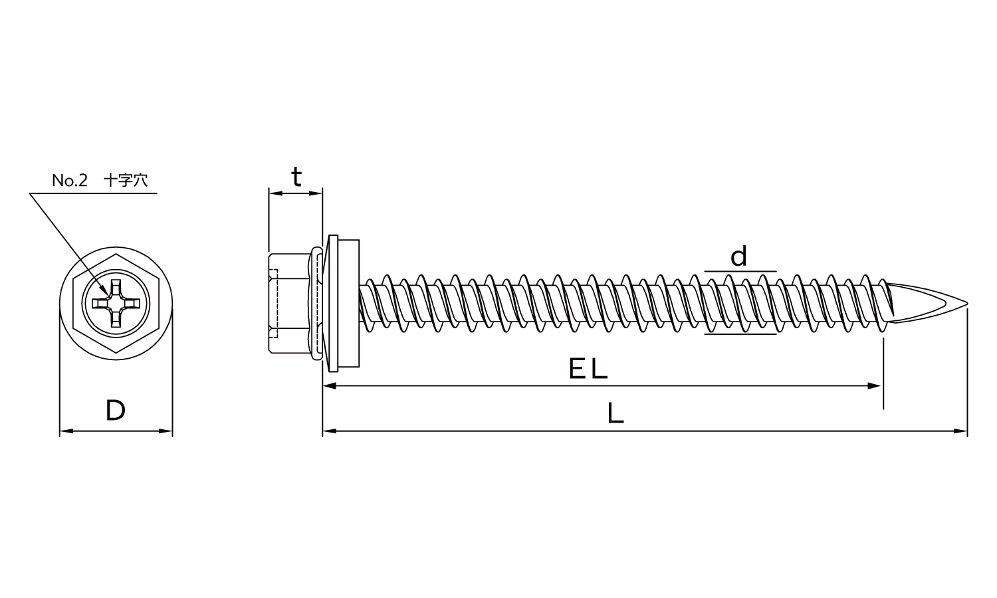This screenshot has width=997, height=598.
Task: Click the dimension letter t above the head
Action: click(296, 177)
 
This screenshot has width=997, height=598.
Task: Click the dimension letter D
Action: click(115, 411)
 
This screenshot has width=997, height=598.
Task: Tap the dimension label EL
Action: click(588, 369)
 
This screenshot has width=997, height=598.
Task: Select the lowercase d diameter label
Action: click(739, 256)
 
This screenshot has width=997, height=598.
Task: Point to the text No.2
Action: click(70, 180)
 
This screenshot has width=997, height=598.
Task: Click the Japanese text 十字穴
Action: click(126, 180)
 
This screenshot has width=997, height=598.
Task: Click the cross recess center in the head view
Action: click(116, 304)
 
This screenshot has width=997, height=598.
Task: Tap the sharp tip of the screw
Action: click(966, 304)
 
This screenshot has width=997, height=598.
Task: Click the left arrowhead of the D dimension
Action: click(66, 431)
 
